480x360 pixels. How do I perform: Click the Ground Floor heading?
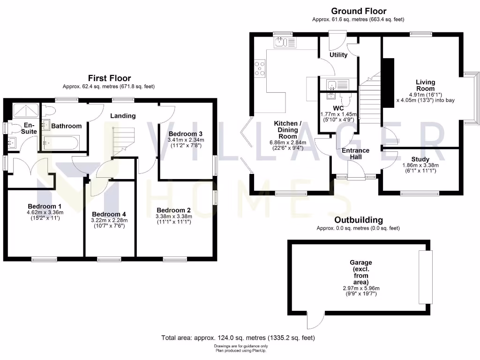coord(359,11)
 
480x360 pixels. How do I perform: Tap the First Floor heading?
coord(110,78)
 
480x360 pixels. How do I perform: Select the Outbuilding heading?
coord(358,220)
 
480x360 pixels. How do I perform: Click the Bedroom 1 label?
coord(44,206)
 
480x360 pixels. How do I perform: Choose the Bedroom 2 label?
coord(173,210)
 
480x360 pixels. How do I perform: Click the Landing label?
coord(123,116)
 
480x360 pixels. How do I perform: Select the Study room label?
coord(420,159)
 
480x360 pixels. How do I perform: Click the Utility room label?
coord(338,55)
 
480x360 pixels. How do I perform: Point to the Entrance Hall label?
coord(355,153)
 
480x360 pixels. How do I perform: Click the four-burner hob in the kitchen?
coord(259,68)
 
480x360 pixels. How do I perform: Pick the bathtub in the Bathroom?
coord(63,142)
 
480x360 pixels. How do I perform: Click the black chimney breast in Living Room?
coord(387,83)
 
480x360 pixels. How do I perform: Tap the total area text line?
coord(238,337)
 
